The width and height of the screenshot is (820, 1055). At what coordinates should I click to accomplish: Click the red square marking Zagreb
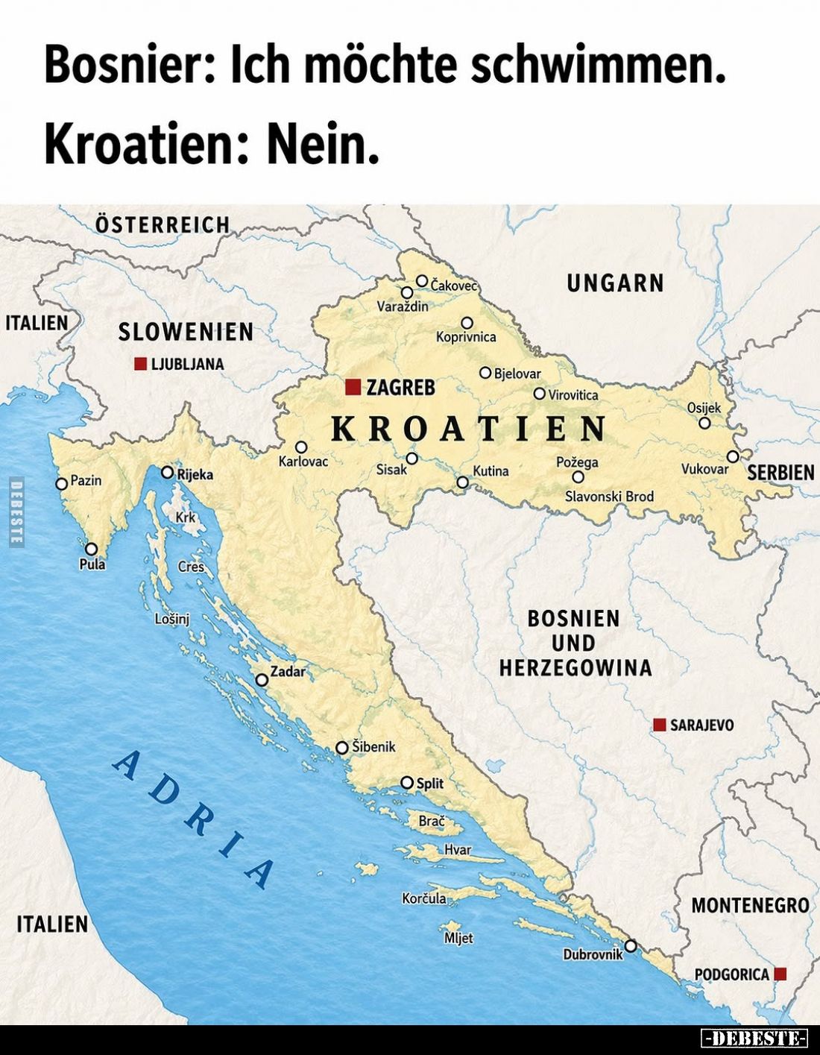click(353, 387)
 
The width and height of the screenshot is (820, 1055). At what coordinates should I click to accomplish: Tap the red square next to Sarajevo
click(659, 725)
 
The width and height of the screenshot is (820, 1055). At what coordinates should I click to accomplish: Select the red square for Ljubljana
click(140, 364)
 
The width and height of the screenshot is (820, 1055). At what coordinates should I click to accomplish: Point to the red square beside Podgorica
click(780, 974)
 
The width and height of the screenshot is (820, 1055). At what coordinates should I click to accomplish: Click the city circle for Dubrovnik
click(630, 945)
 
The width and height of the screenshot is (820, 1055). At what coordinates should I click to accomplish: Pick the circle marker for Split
click(406, 783)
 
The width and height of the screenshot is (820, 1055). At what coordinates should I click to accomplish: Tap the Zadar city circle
click(262, 680)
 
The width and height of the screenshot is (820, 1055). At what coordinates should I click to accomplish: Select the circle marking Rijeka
click(167, 473)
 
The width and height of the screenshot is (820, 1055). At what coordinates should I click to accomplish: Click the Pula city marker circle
click(91, 549)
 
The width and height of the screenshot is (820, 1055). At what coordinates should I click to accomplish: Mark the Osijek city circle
click(704, 423)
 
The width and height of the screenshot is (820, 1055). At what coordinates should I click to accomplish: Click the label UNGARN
click(615, 283)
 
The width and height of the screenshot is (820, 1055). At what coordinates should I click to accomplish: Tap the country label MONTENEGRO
click(750, 905)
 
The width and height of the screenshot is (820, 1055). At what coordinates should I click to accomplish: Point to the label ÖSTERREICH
click(163, 224)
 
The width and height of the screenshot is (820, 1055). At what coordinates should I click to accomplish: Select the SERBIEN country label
click(780, 473)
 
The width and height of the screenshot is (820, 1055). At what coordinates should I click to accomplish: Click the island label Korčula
click(423, 898)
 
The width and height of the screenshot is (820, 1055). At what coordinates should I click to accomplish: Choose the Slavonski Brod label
click(609, 497)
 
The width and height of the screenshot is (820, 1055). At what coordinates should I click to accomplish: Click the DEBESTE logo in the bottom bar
click(754, 1038)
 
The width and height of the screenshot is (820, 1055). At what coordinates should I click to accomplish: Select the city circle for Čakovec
click(422, 281)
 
